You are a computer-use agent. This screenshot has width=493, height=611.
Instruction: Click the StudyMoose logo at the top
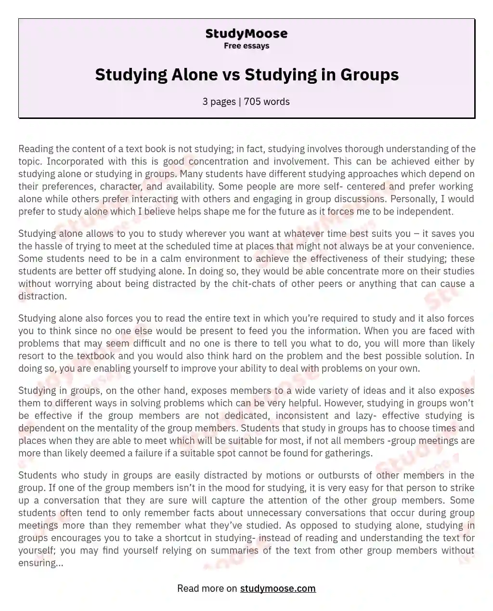246,34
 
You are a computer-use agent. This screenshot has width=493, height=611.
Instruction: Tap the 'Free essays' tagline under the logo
246,46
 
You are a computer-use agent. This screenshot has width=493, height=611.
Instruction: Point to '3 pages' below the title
219,102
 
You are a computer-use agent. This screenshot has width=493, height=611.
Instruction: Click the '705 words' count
267,102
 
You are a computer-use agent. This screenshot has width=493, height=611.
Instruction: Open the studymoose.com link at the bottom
278,588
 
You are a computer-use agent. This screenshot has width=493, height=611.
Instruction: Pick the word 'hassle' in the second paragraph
51,246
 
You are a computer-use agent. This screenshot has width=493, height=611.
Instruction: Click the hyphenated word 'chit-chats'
257,284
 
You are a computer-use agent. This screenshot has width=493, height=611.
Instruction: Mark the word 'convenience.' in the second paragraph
447,246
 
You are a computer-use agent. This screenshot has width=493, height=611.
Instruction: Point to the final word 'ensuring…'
40,563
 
